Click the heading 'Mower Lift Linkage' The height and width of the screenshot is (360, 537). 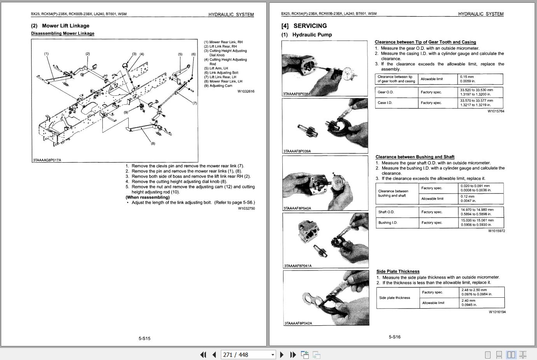[65, 26]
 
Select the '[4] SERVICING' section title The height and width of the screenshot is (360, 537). [304, 26]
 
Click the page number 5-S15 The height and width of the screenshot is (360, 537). [144, 338]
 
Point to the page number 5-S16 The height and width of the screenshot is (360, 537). [394, 337]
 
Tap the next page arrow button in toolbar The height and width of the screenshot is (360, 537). [282, 355]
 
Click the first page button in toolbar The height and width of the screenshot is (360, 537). [203, 355]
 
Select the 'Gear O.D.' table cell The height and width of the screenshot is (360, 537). [385, 92]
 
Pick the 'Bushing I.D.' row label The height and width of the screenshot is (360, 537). [388, 223]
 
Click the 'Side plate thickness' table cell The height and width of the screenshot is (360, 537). [394, 298]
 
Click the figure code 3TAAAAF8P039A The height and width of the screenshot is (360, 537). [297, 151]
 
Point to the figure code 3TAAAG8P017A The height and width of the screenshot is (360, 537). [47, 160]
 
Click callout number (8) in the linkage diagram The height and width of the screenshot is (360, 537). [153, 143]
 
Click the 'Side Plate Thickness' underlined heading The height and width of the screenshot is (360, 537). [398, 271]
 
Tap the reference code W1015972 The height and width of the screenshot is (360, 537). [497, 231]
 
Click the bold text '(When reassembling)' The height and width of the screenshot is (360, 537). [147, 197]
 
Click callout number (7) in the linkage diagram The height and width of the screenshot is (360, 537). [194, 103]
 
